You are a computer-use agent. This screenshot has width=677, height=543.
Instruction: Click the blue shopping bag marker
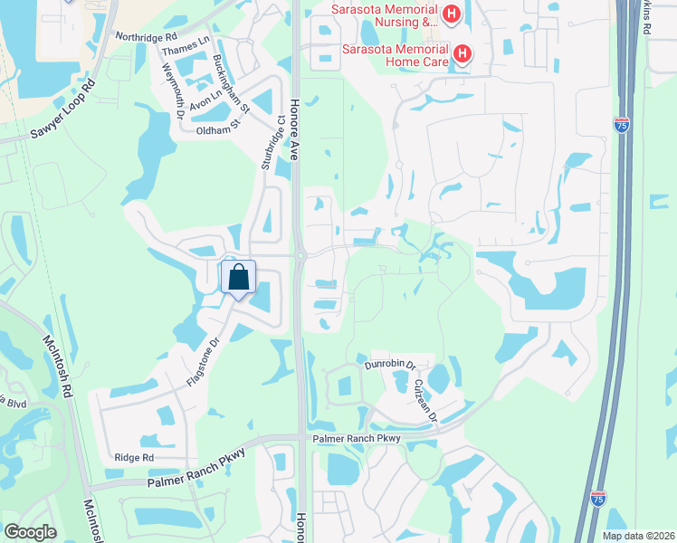pos(239,277)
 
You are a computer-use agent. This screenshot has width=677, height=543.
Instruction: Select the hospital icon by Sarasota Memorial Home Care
pos(462,53)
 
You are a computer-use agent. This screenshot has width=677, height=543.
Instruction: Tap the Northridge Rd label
pos(144,37)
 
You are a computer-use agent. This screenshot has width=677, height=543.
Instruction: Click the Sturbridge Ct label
pos(274,141)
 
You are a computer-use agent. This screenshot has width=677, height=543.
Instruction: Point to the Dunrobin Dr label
pos(389,365)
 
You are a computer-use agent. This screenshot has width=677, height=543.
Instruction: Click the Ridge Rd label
pos(134,458)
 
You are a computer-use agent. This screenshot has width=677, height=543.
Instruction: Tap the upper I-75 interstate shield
pos(621,124)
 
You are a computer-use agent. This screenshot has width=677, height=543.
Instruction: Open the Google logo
pos(30,531)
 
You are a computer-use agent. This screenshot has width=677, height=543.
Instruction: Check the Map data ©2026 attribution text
pos(637,536)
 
